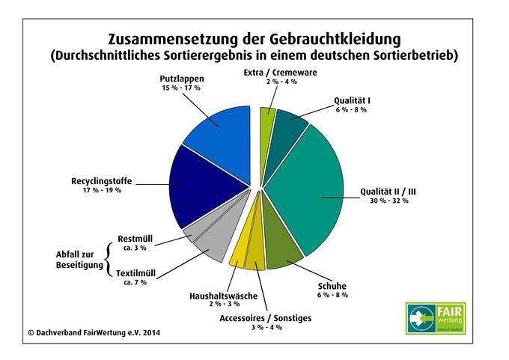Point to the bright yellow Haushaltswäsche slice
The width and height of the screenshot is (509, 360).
click(237, 255)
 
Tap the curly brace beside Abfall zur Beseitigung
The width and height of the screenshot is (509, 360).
click(110, 259)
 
